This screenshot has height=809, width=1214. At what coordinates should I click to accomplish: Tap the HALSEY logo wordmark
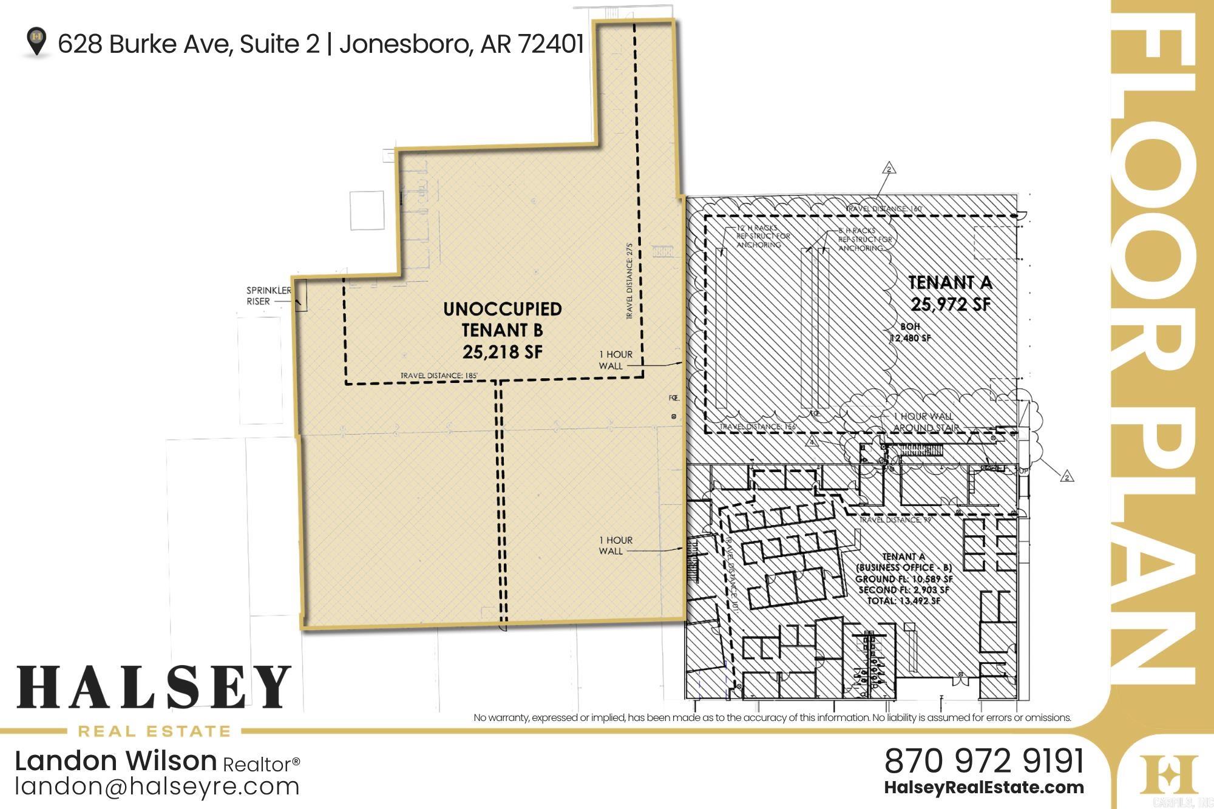(154, 688)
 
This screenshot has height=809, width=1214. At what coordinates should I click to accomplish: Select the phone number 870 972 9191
(984, 761)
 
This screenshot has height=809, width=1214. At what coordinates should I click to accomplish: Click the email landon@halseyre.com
(157, 787)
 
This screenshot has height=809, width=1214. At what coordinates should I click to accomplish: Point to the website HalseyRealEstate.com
(984, 788)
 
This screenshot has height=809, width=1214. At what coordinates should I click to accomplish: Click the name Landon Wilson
(115, 761)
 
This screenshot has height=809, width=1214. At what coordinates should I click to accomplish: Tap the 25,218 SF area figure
(502, 352)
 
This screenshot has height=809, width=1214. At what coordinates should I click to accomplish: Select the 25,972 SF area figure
(951, 303)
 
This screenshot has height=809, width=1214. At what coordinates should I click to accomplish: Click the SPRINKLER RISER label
(268, 296)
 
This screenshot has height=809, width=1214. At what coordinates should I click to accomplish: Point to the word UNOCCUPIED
(502, 309)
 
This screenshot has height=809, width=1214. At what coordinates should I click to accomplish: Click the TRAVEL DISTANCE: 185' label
(439, 376)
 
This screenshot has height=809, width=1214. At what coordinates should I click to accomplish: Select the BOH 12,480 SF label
(910, 333)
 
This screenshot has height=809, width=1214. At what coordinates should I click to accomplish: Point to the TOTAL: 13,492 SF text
(903, 601)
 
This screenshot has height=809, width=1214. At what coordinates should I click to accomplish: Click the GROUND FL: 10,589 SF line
(904, 579)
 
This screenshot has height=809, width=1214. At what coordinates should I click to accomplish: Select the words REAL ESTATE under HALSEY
(154, 731)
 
